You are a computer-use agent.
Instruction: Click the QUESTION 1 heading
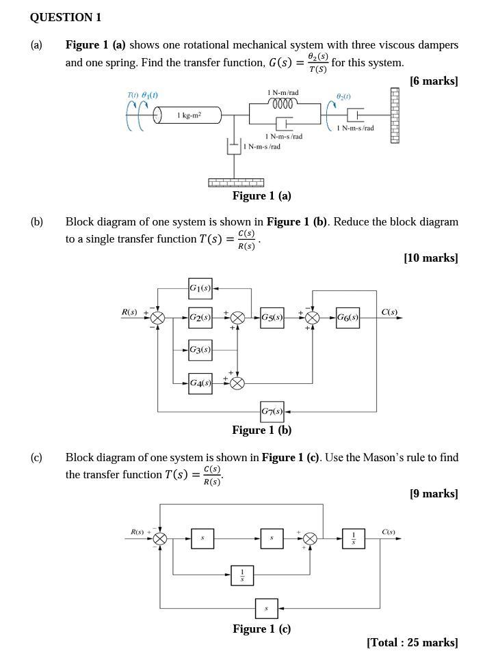(66, 18)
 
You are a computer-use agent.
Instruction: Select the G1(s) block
(200, 288)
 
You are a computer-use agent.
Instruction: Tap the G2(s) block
(200, 318)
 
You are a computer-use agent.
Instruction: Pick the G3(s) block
(200, 350)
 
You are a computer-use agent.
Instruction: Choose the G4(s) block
(200, 383)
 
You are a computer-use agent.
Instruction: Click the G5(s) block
(272, 318)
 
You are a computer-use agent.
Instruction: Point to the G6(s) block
(348, 318)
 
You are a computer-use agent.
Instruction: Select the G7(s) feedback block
(272, 412)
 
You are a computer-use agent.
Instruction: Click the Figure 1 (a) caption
(261, 196)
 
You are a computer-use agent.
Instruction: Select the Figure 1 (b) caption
(261, 430)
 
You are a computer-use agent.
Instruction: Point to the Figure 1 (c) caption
(261, 629)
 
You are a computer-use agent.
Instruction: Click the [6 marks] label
(434, 81)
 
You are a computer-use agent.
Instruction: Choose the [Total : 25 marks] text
(412, 643)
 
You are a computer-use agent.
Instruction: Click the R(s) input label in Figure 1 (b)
(129, 312)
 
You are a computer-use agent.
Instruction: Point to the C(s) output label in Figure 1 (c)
(389, 532)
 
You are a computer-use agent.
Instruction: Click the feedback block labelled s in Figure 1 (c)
(266, 607)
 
